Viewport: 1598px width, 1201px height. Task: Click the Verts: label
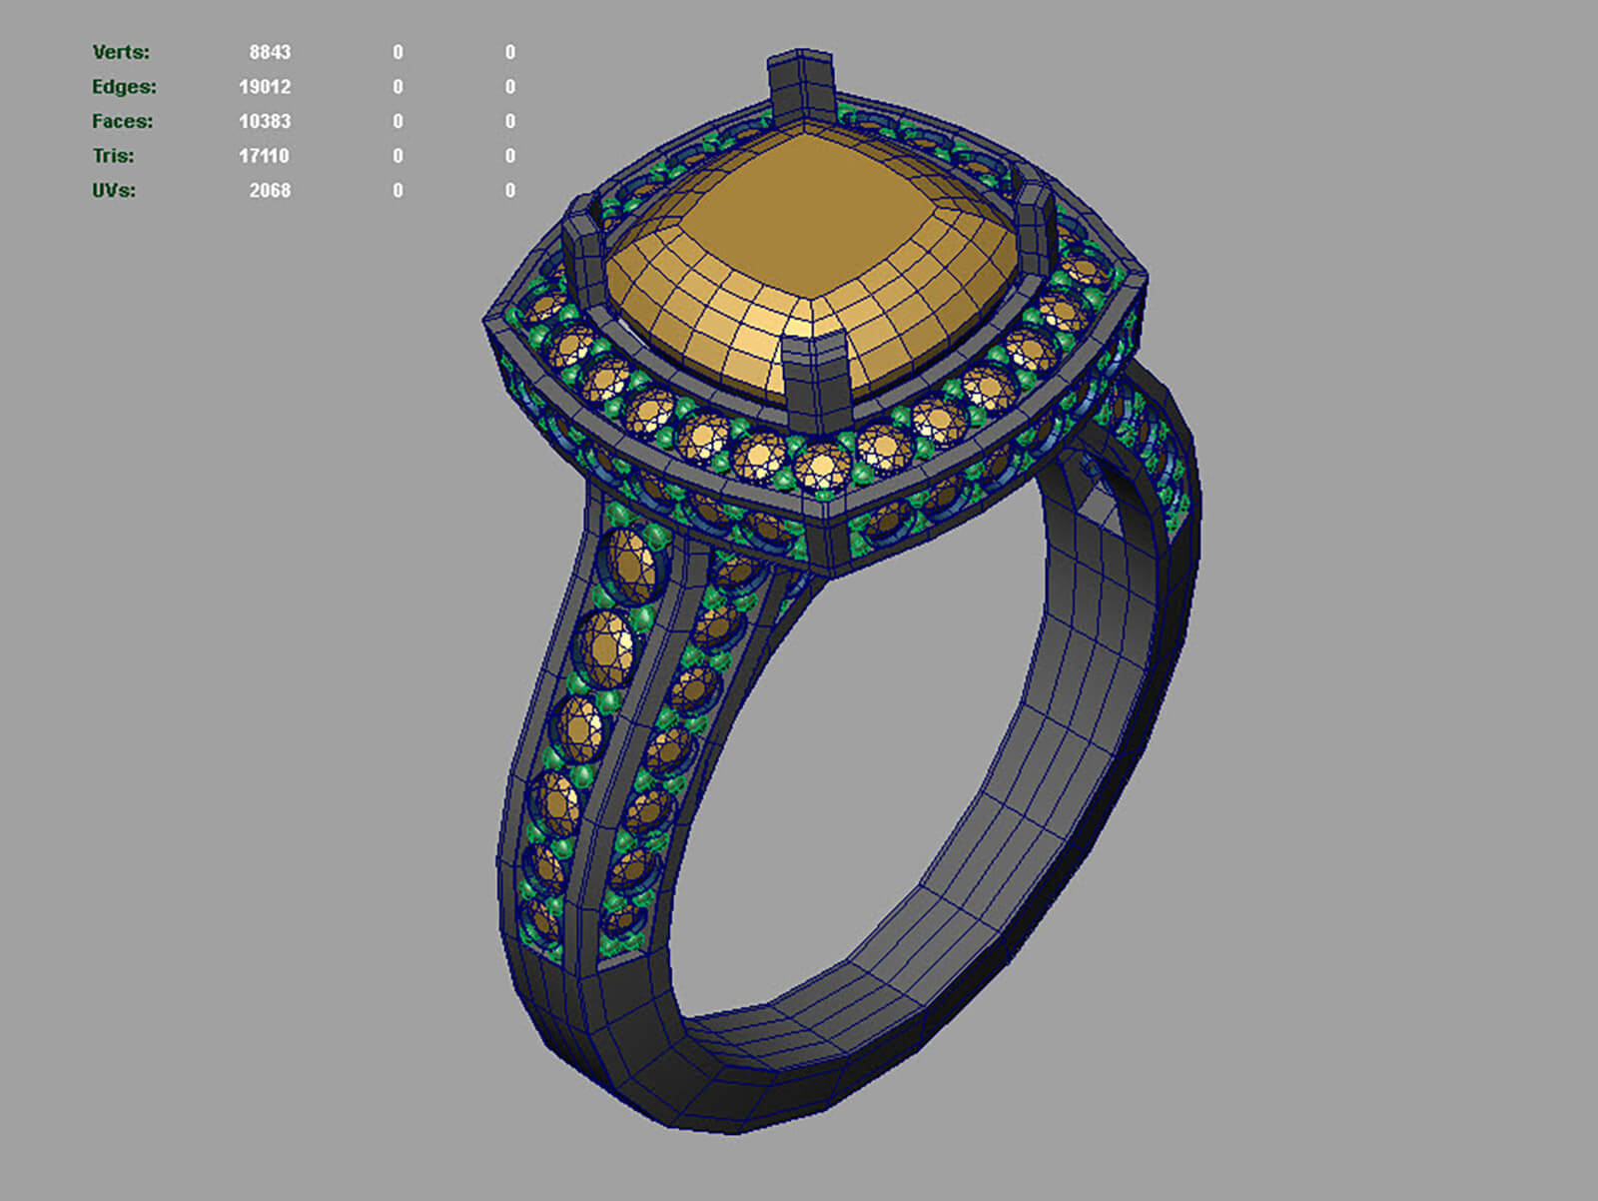coord(121,52)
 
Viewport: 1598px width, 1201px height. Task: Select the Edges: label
coord(124,87)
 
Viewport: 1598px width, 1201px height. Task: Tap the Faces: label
coord(123,121)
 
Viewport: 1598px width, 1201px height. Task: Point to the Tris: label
coord(113,156)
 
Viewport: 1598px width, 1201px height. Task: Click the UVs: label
coord(113,190)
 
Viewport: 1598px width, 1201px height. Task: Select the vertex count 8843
coord(270,52)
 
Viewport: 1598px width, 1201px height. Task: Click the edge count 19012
coord(265,87)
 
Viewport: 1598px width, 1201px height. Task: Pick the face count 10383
coord(265,121)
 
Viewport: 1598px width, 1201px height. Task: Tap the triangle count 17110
coord(265,156)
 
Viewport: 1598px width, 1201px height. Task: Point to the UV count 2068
coord(270,190)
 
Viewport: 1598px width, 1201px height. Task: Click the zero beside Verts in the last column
coord(510,52)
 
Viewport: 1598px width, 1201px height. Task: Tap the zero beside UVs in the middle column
coord(398,190)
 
